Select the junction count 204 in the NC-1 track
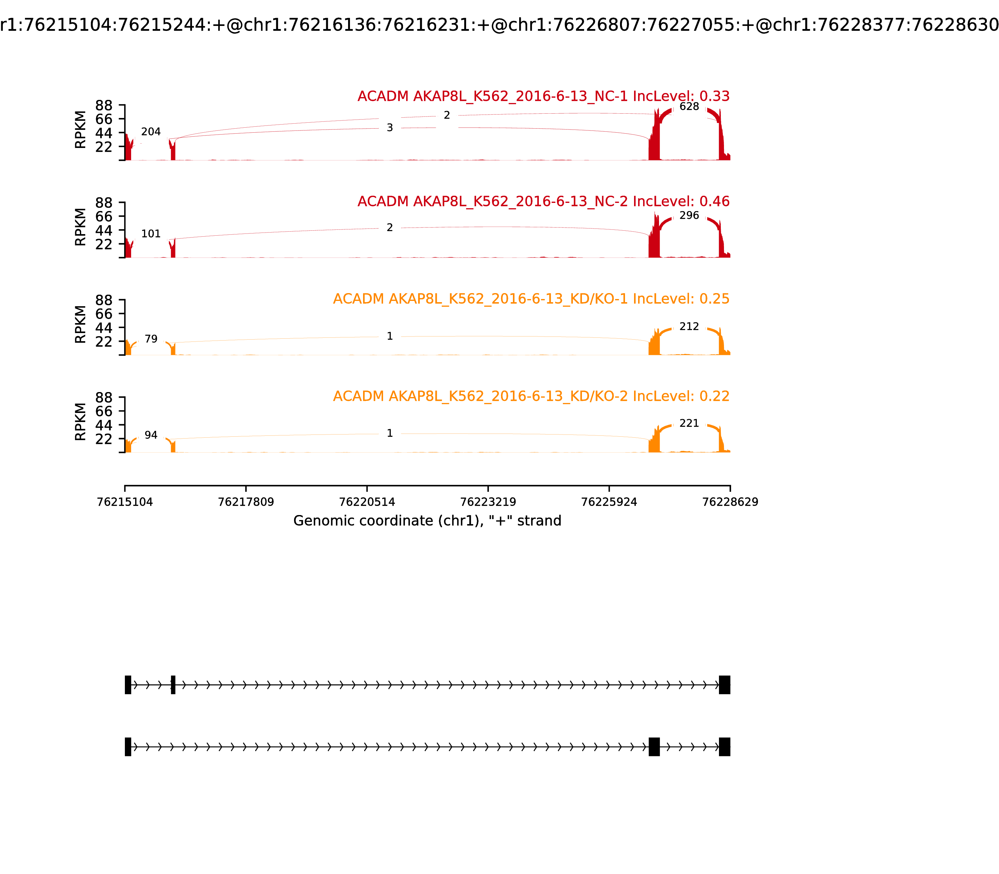coord(151,132)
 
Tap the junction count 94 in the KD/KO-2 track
coord(151,435)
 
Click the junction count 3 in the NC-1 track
coord(390,128)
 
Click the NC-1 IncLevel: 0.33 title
coord(544,96)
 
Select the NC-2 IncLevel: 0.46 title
coord(544,201)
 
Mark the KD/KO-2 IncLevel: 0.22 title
coord(531,396)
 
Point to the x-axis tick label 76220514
coord(367,502)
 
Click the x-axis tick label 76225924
coord(609,502)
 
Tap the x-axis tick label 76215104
coord(125,502)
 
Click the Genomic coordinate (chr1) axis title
coord(427,521)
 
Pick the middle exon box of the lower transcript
coord(654,747)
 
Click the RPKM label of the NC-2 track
coord(81,227)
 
